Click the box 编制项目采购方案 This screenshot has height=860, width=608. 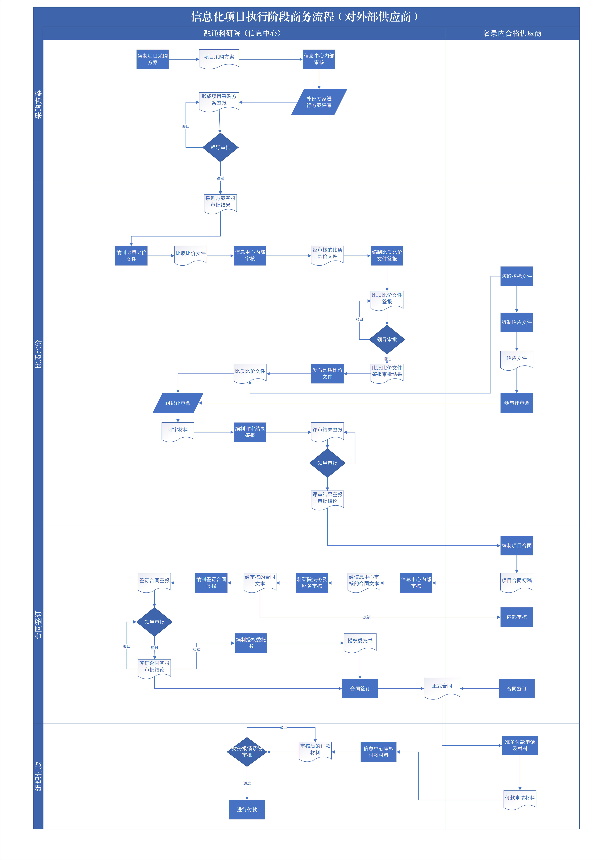152,59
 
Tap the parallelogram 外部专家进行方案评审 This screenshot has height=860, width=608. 319,102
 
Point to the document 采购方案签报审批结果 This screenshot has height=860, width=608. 220,203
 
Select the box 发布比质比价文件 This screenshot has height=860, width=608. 327,373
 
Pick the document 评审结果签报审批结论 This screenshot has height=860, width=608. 327,499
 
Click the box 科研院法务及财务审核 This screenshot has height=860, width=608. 312,583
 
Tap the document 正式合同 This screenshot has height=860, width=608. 442,687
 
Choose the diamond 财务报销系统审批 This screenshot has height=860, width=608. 247,752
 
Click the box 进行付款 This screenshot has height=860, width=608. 247,809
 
